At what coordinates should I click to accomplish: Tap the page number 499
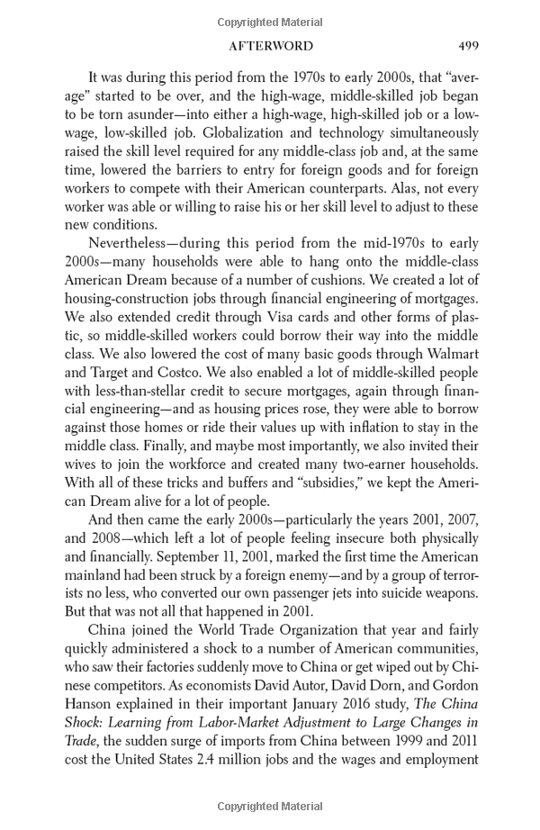pos(467,45)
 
